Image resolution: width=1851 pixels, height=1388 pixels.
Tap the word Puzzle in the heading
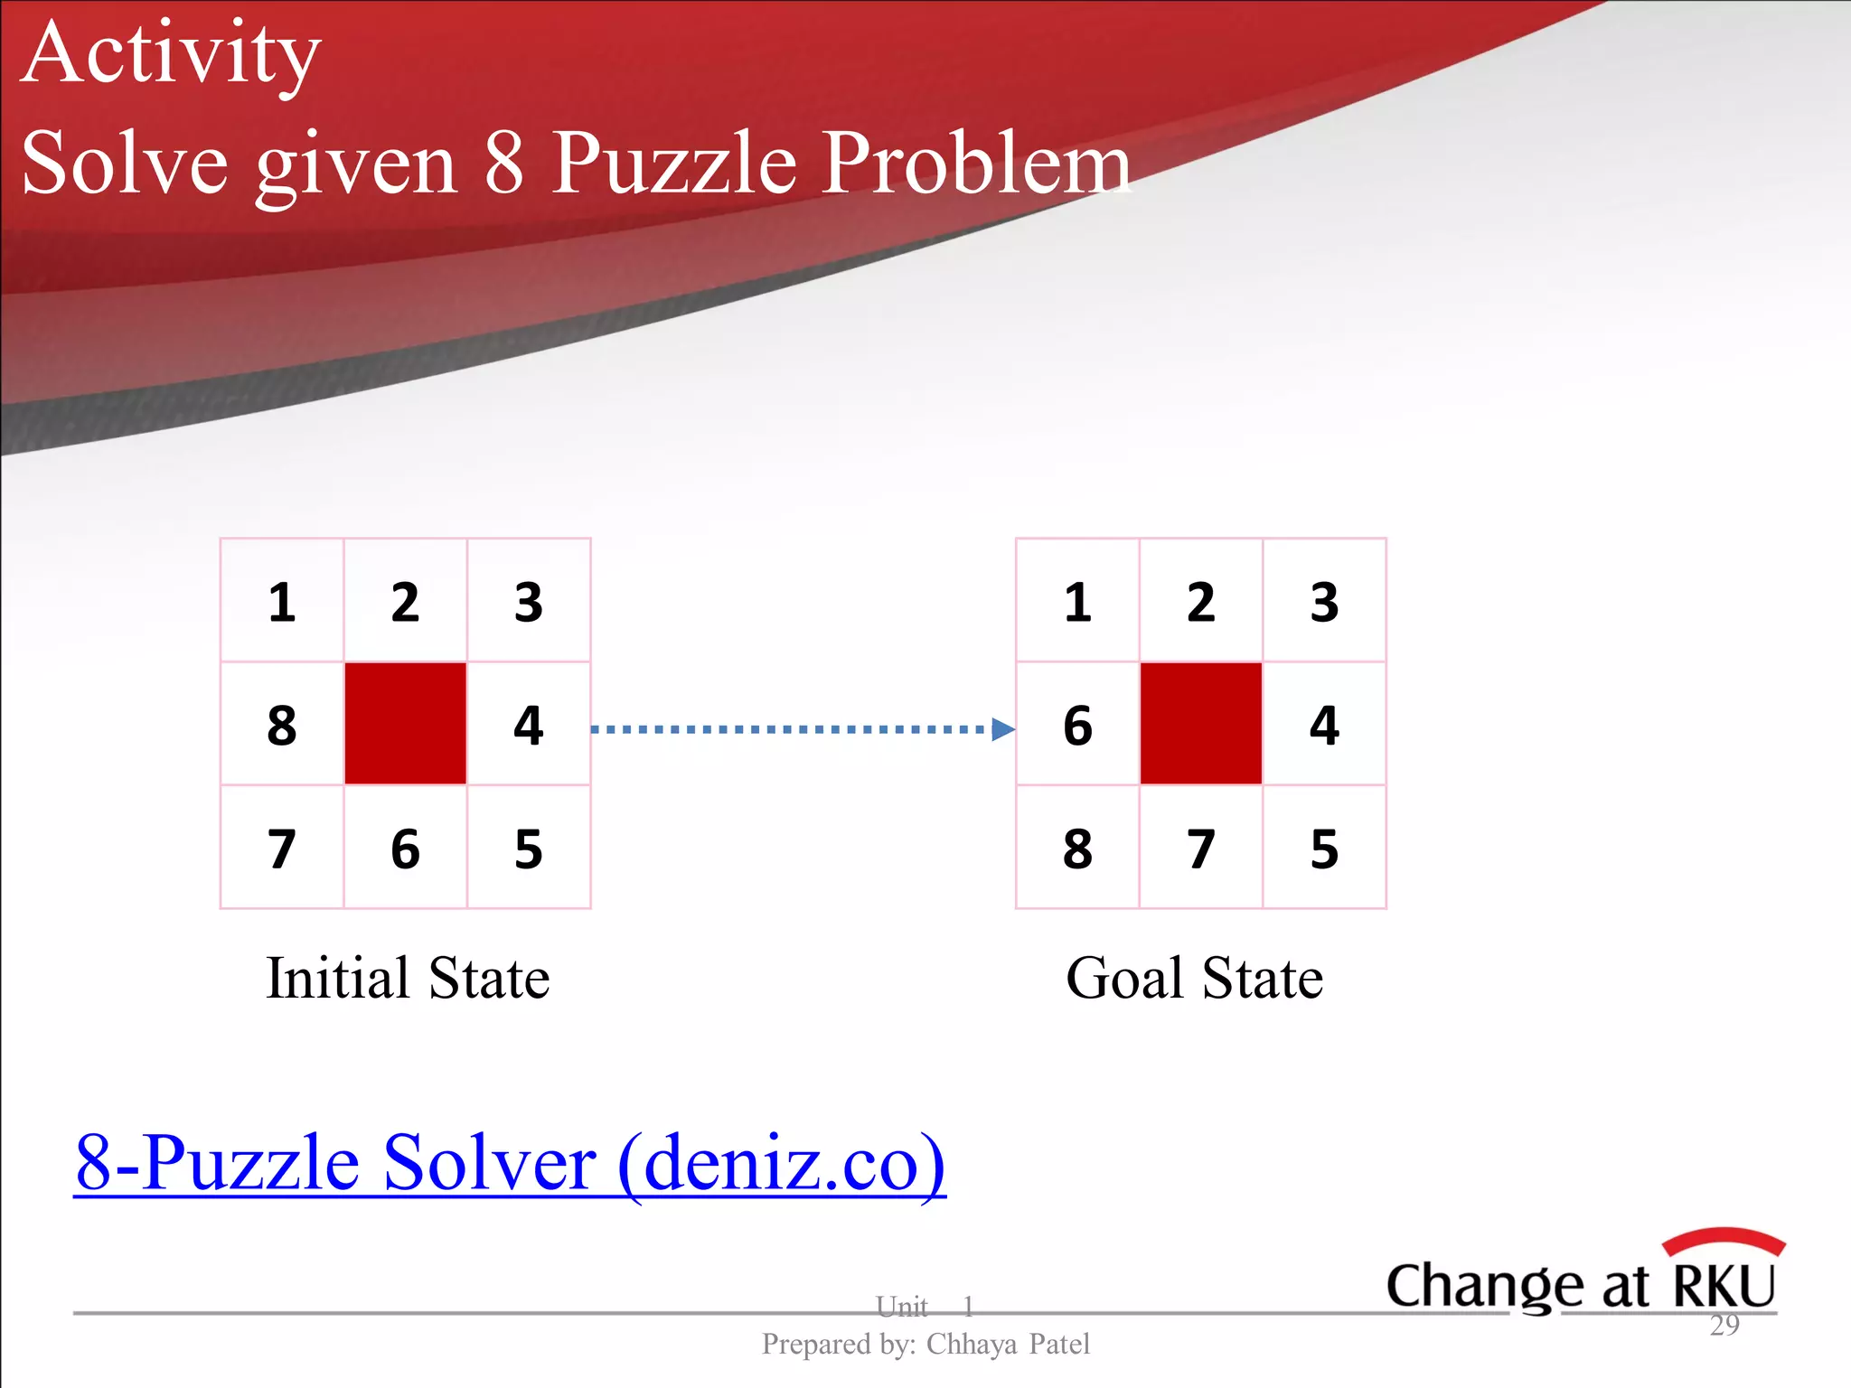674,164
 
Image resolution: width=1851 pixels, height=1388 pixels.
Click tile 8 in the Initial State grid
282,725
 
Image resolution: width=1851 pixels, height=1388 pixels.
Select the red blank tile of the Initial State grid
405,724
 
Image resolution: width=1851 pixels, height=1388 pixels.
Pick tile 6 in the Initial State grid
405,849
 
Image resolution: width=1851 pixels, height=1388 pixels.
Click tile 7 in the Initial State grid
282,849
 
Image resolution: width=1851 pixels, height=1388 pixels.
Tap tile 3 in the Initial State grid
529,602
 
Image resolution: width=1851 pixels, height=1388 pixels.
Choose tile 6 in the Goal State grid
1077,725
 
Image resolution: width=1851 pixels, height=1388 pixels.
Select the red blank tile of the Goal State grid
1200,724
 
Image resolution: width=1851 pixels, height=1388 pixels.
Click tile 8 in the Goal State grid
1077,849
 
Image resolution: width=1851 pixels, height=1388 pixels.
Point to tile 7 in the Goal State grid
1200,849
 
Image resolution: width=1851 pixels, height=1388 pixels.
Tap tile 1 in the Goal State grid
1077,602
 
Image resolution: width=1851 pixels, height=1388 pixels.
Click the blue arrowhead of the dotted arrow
1002,729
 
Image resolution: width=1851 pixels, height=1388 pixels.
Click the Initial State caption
408,978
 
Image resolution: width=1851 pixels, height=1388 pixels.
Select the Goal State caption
1194,978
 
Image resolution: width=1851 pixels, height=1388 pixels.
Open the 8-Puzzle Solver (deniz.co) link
510,1164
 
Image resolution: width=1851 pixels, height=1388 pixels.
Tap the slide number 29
1724,1326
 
